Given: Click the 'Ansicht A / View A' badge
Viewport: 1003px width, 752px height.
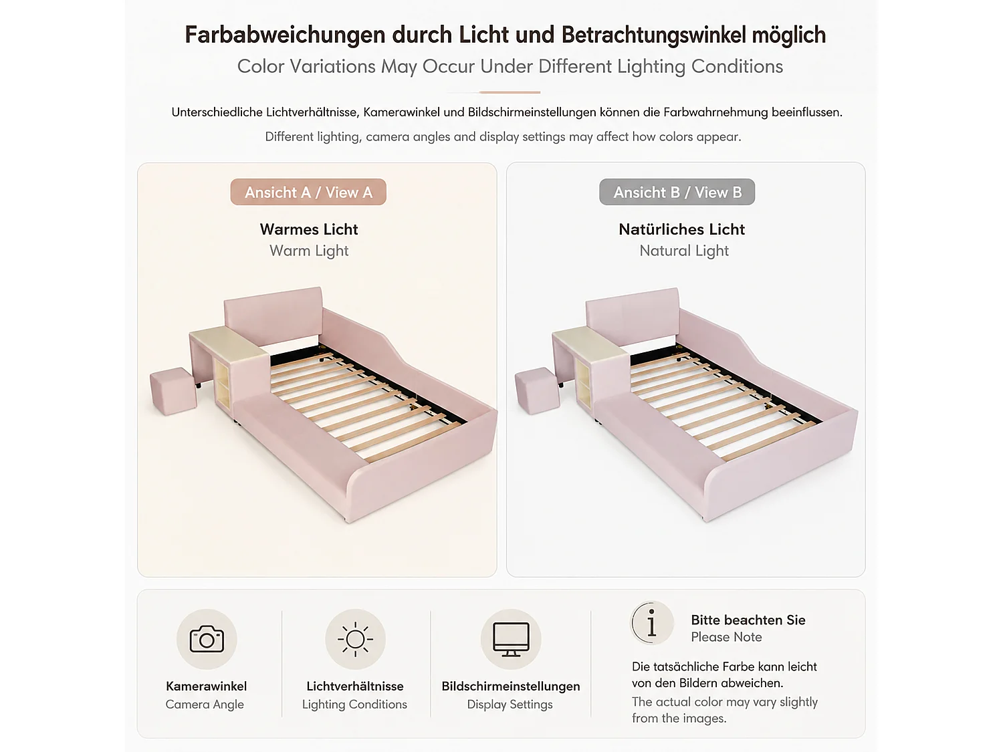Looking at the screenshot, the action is [308, 192].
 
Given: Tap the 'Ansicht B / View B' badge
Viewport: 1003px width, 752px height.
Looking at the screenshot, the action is [677, 192].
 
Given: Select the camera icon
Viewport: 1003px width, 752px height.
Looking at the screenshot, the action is [207, 639].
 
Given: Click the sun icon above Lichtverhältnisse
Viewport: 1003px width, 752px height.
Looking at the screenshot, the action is [355, 639].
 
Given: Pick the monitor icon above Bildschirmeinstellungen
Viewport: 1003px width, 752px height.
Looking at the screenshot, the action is [511, 639].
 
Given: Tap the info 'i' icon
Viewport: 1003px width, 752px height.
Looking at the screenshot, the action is [652, 623].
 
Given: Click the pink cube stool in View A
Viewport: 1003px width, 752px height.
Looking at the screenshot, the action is [173, 391].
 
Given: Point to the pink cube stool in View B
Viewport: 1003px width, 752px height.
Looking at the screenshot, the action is [537, 391].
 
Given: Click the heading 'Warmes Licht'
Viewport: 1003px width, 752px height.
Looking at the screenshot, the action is [309, 229].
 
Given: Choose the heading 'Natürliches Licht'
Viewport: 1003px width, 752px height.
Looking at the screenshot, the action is [682, 229].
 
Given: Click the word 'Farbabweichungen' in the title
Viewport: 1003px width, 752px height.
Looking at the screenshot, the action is [285, 35].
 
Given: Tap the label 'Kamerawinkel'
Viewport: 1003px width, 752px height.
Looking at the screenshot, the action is [206, 686].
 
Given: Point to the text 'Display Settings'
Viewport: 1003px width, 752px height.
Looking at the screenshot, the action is [510, 705].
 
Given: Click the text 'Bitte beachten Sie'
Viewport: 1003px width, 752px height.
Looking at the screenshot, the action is [748, 620].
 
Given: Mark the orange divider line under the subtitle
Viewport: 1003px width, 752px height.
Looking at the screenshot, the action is [510, 92].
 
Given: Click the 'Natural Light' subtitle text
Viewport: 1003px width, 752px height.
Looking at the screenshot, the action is [684, 251].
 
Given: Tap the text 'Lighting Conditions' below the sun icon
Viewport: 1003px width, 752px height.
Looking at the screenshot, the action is [354, 705].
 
